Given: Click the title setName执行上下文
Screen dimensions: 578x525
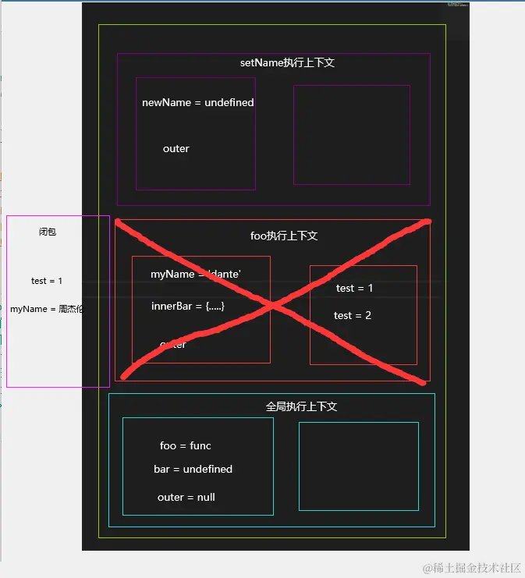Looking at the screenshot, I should click(x=287, y=62).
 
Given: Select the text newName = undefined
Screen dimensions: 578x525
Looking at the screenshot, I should click(x=197, y=102).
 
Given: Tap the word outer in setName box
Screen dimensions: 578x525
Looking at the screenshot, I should click(x=176, y=148).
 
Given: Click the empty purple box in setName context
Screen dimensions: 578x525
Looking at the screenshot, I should click(x=351, y=134).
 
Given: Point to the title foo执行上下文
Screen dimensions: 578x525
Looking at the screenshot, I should click(x=284, y=236).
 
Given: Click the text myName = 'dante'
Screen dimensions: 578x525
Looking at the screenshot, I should click(x=195, y=275).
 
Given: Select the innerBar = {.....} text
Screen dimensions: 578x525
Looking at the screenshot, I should click(x=188, y=307).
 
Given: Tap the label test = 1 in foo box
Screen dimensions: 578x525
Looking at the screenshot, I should click(x=354, y=289).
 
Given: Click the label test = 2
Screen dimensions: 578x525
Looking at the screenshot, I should click(x=353, y=315).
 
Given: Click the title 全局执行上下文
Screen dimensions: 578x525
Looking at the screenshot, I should click(x=301, y=406).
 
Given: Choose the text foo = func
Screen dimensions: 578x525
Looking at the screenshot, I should click(x=186, y=445).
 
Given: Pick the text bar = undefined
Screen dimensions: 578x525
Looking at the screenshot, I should click(x=193, y=469).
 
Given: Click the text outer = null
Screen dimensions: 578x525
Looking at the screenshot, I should click(x=186, y=497).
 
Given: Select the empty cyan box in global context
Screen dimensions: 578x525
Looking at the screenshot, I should click(x=358, y=466).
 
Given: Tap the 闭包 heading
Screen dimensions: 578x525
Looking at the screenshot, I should click(x=48, y=232).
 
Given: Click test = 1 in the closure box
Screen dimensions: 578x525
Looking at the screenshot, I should click(x=47, y=281).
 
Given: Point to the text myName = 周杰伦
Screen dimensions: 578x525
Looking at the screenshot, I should click(x=47, y=309).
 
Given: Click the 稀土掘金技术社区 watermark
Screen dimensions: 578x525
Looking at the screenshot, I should click(x=472, y=567).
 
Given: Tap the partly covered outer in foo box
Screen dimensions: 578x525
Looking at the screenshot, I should click(x=172, y=344).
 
